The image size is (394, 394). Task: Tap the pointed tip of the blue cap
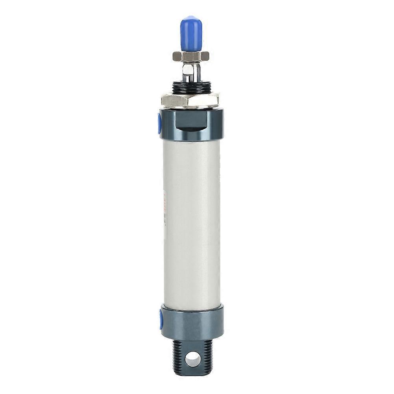(191, 17)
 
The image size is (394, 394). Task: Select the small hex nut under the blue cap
(191, 56)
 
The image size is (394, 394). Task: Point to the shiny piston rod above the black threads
(191, 73)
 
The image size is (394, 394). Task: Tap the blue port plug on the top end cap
(159, 123)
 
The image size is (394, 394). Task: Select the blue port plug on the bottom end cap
(161, 319)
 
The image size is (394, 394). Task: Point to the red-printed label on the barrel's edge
(165, 209)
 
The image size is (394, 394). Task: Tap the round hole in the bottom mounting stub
(192, 358)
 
